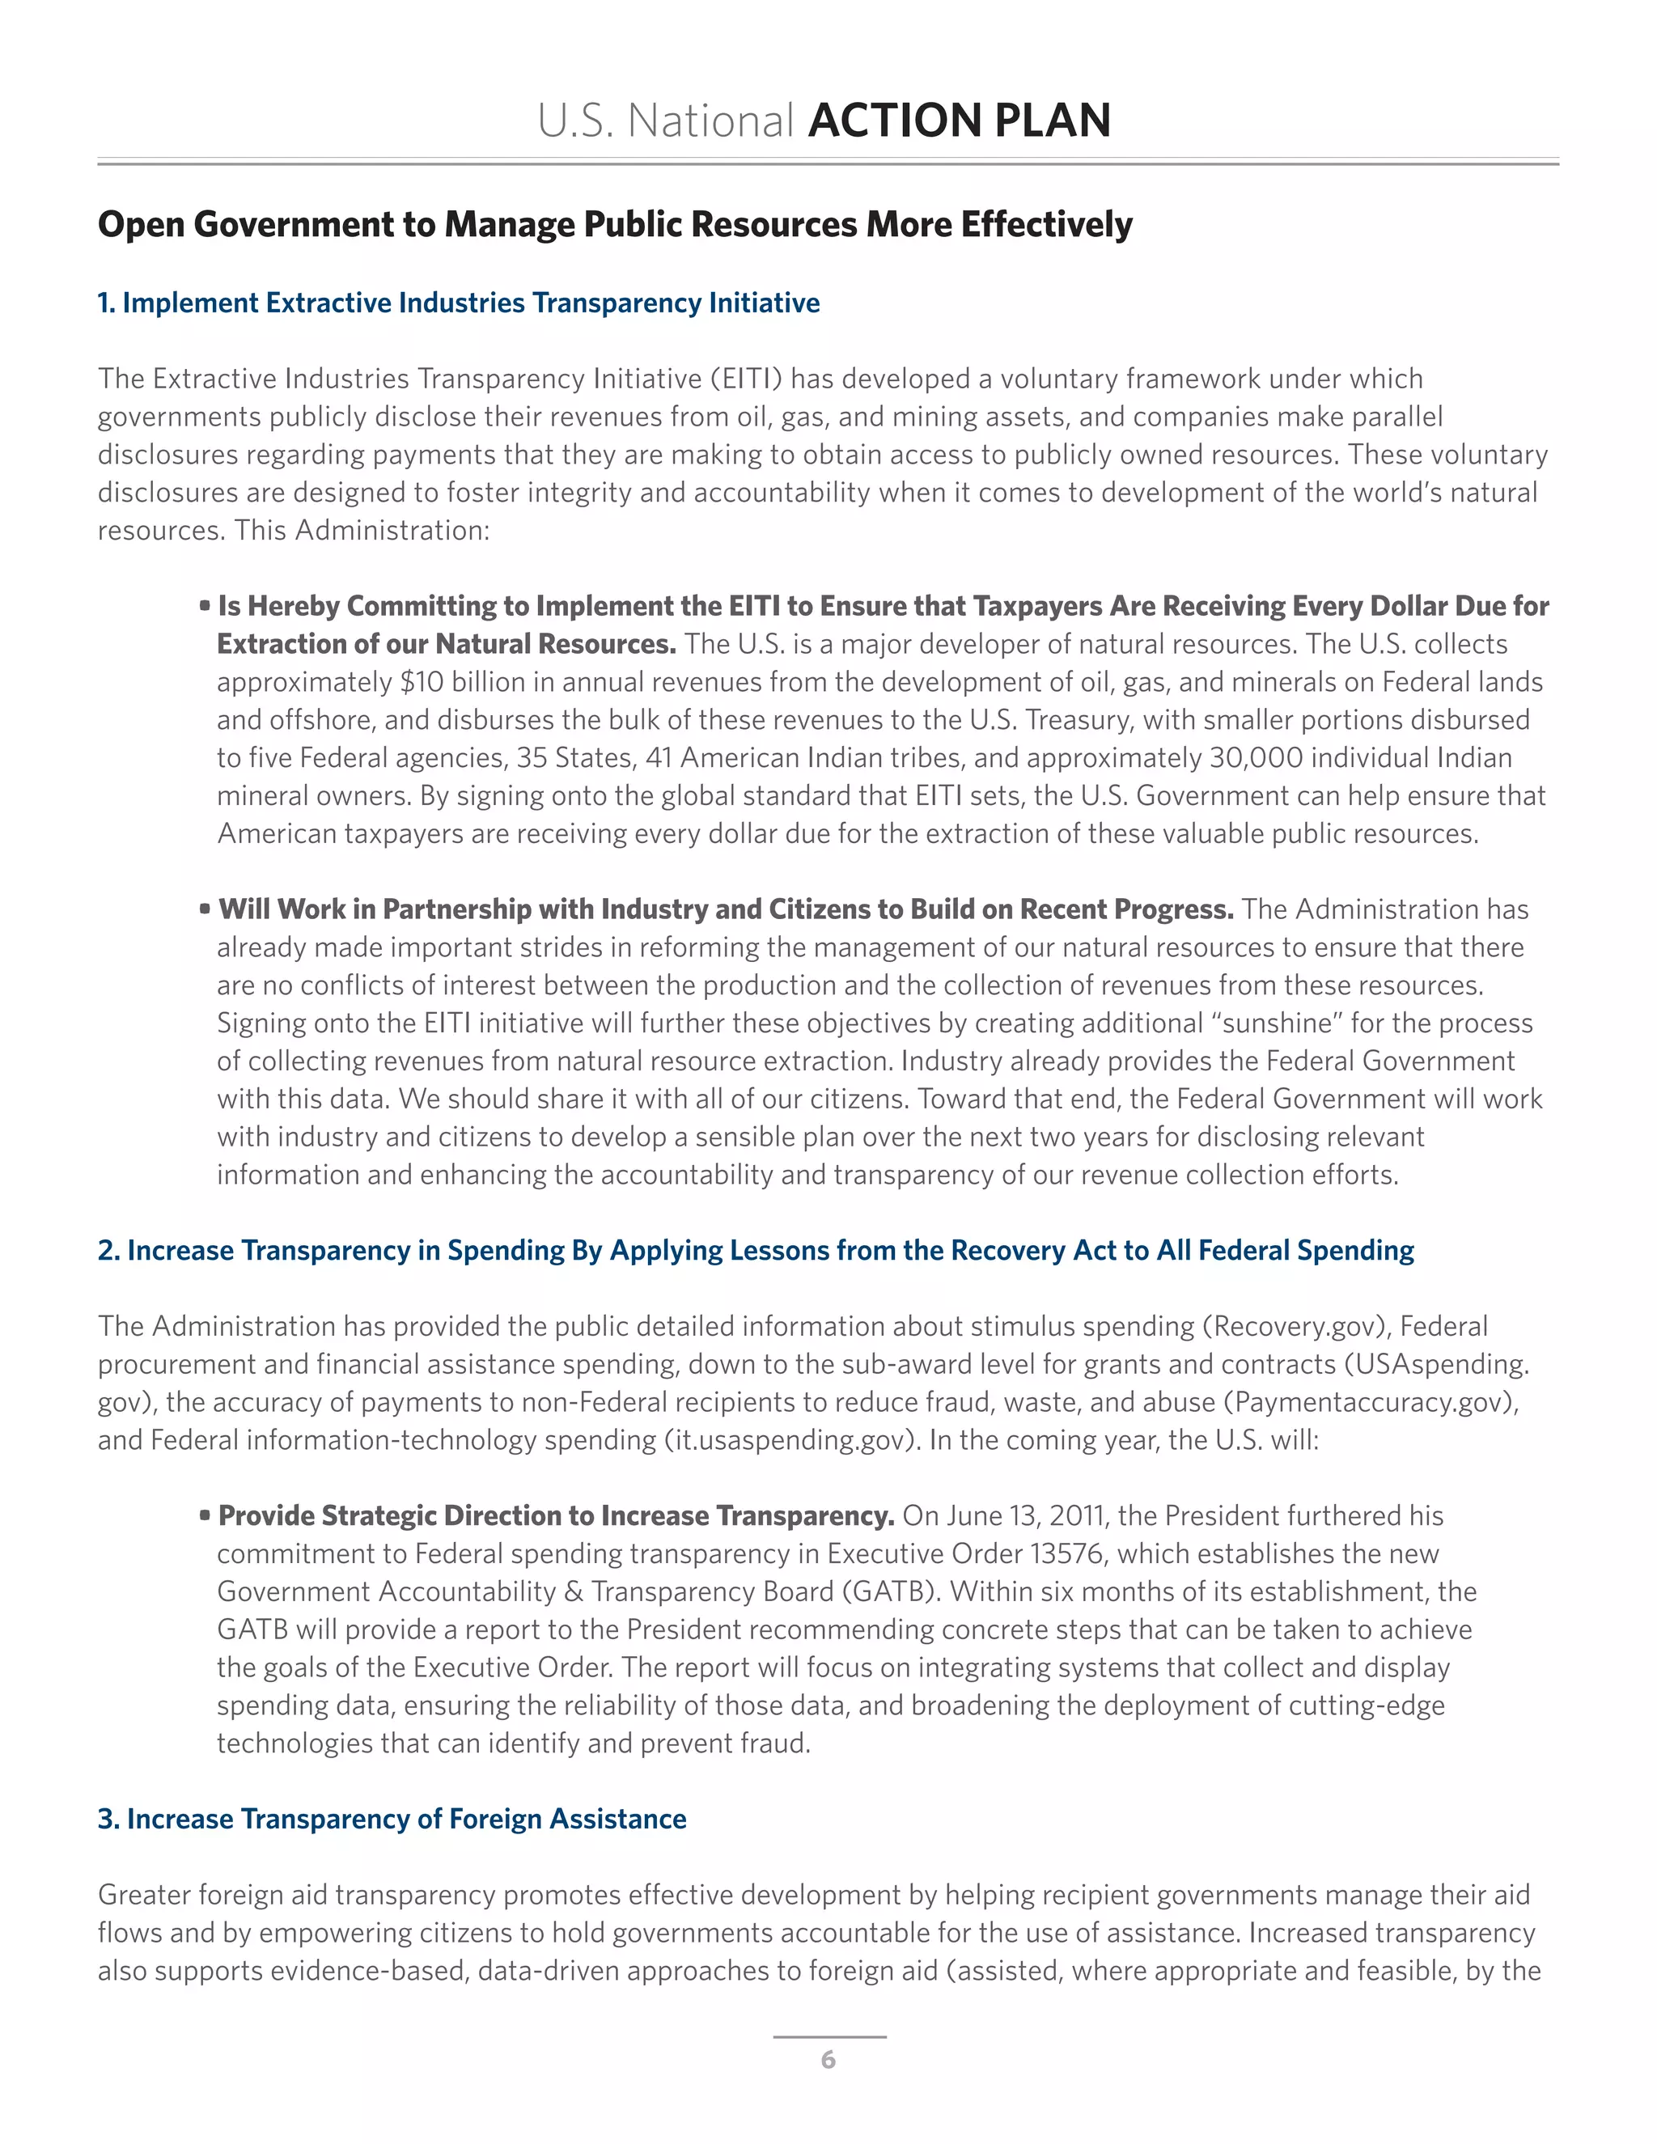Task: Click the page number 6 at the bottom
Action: click(828, 2060)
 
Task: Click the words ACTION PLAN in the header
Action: click(959, 121)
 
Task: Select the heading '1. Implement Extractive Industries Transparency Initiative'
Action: click(459, 303)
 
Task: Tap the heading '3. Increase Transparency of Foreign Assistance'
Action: click(392, 1819)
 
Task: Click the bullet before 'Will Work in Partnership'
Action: click(206, 909)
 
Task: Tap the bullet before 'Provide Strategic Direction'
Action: click(206, 1515)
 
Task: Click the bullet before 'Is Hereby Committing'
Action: click(206, 606)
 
